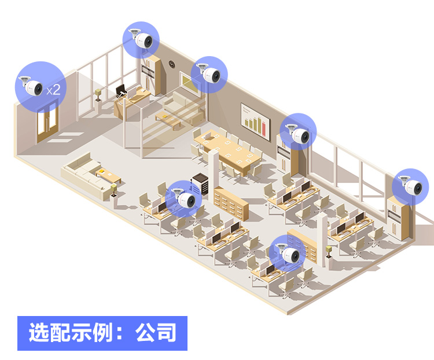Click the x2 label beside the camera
(53, 90)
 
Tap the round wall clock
(172, 64)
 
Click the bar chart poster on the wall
(255, 122)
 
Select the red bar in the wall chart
(264, 130)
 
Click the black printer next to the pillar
(200, 183)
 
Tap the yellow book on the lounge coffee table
(102, 172)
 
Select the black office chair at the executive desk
(121, 91)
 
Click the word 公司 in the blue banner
(156, 332)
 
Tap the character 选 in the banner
(39, 332)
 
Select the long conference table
(227, 151)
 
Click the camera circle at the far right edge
(410, 186)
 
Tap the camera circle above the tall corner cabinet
(141, 40)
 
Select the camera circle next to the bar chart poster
(298, 131)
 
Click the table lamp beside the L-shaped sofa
(113, 190)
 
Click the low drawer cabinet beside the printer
(231, 204)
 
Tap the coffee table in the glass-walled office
(168, 120)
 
